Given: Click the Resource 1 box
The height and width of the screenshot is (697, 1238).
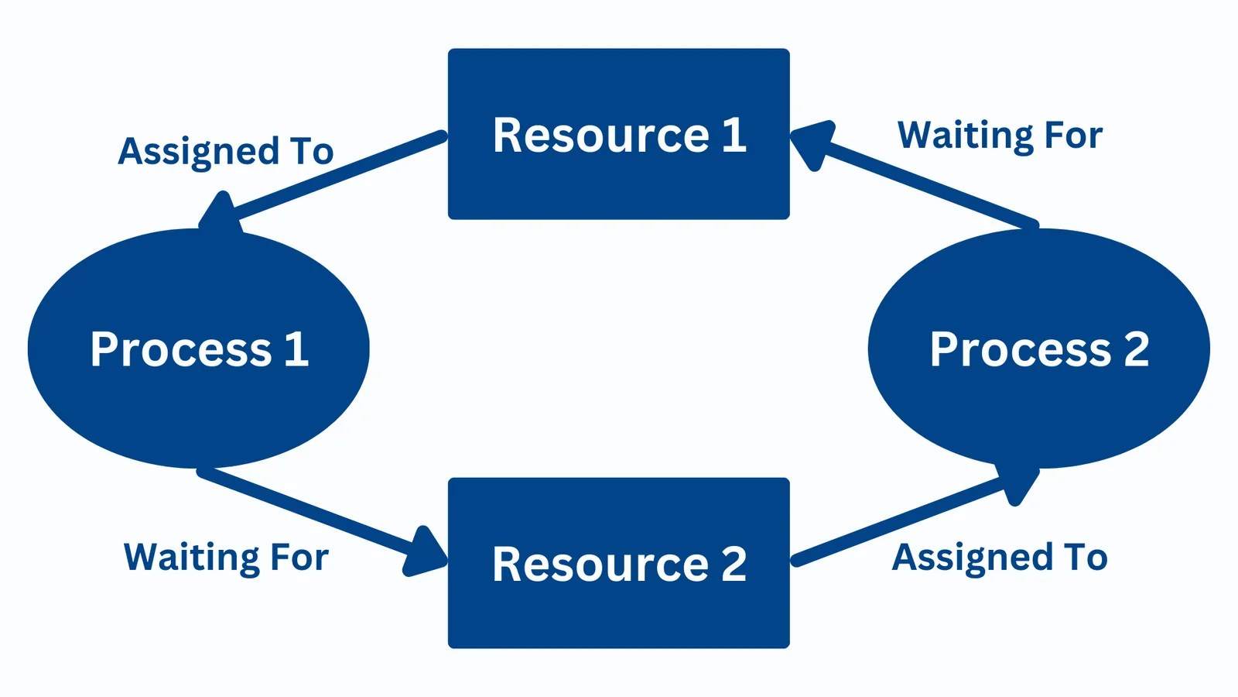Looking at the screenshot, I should coord(619,186).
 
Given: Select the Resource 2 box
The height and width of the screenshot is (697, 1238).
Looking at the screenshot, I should coord(619,616).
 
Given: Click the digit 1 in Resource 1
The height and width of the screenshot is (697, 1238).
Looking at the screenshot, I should coord(734,136).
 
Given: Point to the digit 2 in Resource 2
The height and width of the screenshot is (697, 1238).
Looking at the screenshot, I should coord(734,564).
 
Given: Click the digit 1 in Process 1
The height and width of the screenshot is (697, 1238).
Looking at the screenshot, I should coord(296,349).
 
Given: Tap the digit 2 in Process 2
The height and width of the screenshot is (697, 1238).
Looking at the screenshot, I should coord(1136,349).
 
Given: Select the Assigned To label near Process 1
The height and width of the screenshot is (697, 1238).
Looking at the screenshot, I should coord(225,151).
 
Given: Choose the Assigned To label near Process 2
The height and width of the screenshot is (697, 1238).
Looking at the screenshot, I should coord(999,558).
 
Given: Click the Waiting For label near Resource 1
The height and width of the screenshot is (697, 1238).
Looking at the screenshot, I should coord(999,136).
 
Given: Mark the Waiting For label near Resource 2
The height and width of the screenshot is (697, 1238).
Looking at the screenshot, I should coord(226,558).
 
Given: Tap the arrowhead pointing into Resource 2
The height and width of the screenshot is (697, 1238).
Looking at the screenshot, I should coord(426,554).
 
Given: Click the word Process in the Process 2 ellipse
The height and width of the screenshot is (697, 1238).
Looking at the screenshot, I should coord(1020,349).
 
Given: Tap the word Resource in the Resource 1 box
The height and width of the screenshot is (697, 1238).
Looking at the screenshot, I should coord(600,136).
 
